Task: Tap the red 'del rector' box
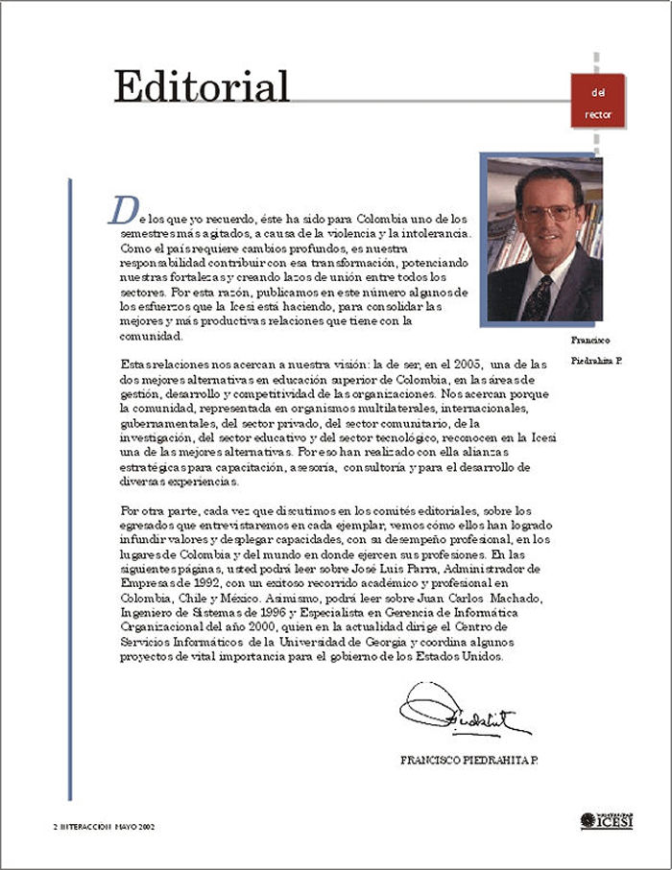(597, 102)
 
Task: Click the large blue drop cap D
(120, 208)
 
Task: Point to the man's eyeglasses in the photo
(546, 212)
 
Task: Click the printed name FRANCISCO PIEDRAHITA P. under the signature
(469, 760)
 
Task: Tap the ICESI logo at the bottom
(607, 821)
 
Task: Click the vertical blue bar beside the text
(70, 489)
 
